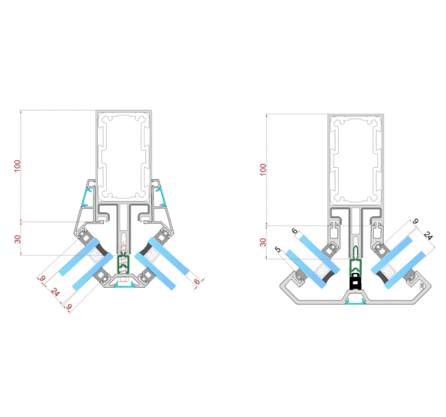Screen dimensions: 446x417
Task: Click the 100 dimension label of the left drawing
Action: (18, 166)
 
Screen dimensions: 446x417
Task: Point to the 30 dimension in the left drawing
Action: (18, 239)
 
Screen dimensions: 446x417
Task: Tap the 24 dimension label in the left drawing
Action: (55, 292)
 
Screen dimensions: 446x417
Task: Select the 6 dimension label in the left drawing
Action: (197, 281)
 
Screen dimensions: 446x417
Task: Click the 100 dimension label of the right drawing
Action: (263, 169)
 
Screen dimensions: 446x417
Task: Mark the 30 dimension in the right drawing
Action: (263, 242)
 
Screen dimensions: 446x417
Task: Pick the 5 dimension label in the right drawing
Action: (277, 250)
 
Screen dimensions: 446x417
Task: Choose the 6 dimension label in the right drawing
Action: (294, 231)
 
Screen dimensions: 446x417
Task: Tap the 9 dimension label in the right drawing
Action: (415, 221)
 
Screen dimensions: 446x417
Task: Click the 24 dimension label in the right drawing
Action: (428, 236)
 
